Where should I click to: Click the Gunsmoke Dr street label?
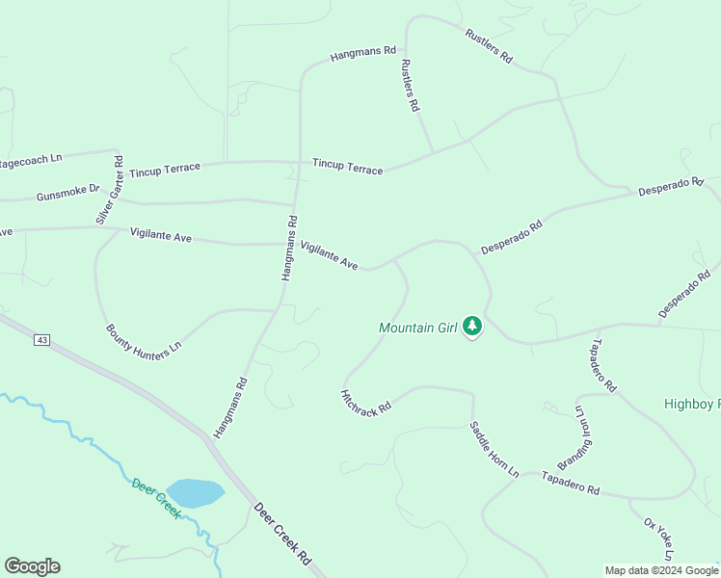(67, 193)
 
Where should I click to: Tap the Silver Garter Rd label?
(110, 190)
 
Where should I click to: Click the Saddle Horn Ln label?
(494, 449)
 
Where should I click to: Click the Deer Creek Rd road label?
(283, 531)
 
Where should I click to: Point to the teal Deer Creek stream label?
(156, 498)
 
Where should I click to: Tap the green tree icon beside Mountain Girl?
(472, 327)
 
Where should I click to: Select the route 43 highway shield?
(41, 340)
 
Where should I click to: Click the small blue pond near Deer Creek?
(195, 493)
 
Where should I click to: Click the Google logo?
(32, 566)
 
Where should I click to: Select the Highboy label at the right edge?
(692, 405)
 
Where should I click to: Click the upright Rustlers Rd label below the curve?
(411, 86)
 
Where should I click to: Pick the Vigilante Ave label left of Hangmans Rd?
(162, 234)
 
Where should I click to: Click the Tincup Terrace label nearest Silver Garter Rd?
(165, 171)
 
